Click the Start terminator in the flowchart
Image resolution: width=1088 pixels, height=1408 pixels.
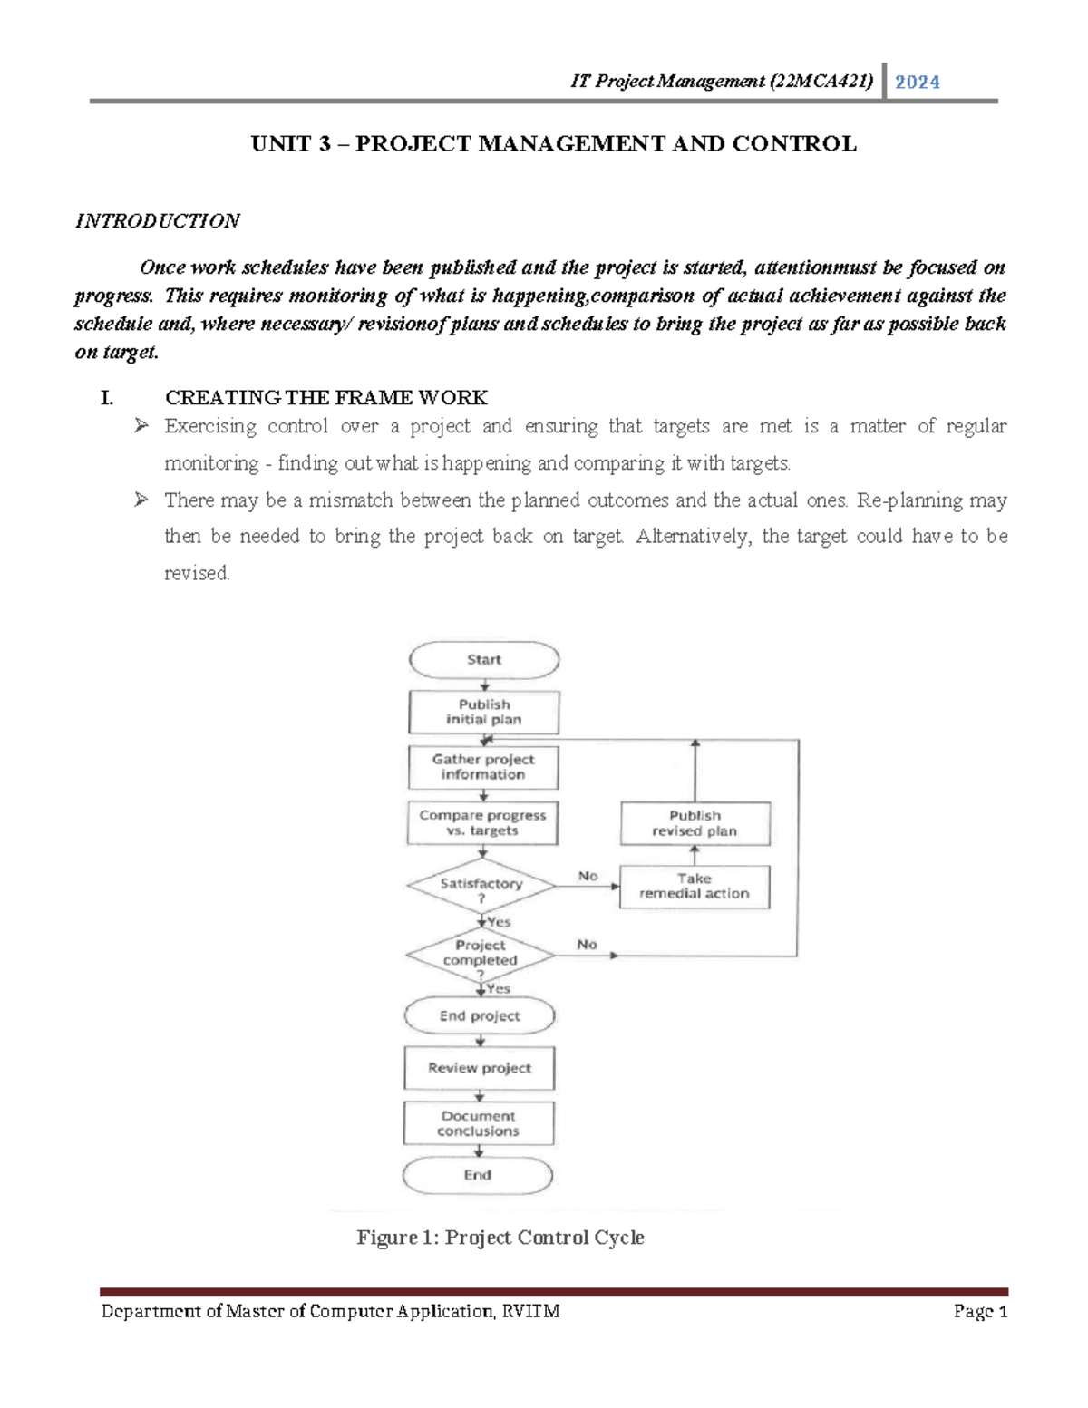484,660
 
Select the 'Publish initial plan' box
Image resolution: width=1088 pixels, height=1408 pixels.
484,712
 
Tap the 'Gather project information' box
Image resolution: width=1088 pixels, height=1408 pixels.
483,767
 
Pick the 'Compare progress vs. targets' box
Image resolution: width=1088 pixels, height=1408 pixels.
482,822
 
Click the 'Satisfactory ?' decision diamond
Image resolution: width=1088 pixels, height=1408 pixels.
481,886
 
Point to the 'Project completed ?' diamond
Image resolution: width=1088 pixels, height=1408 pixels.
481,955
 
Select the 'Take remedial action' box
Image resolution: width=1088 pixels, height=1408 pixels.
695,886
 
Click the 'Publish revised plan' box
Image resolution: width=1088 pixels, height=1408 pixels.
695,823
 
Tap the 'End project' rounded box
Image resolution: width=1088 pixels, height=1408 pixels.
480,1016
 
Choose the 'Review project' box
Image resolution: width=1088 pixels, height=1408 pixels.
480,1068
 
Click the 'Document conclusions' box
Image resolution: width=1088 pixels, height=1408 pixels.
479,1123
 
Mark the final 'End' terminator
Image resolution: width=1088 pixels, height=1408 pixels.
478,1175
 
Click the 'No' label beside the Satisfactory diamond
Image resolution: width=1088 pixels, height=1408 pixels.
588,876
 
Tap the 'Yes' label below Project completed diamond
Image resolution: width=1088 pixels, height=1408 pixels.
499,988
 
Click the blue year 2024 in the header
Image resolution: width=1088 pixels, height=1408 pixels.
918,83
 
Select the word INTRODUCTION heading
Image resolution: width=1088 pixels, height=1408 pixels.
157,221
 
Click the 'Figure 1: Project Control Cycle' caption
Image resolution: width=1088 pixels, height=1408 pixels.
500,1238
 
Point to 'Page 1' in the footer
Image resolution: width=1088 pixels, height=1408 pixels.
981,1312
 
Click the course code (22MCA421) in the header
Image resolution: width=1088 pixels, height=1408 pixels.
821,82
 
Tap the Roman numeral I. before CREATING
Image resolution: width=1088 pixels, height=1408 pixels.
107,398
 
